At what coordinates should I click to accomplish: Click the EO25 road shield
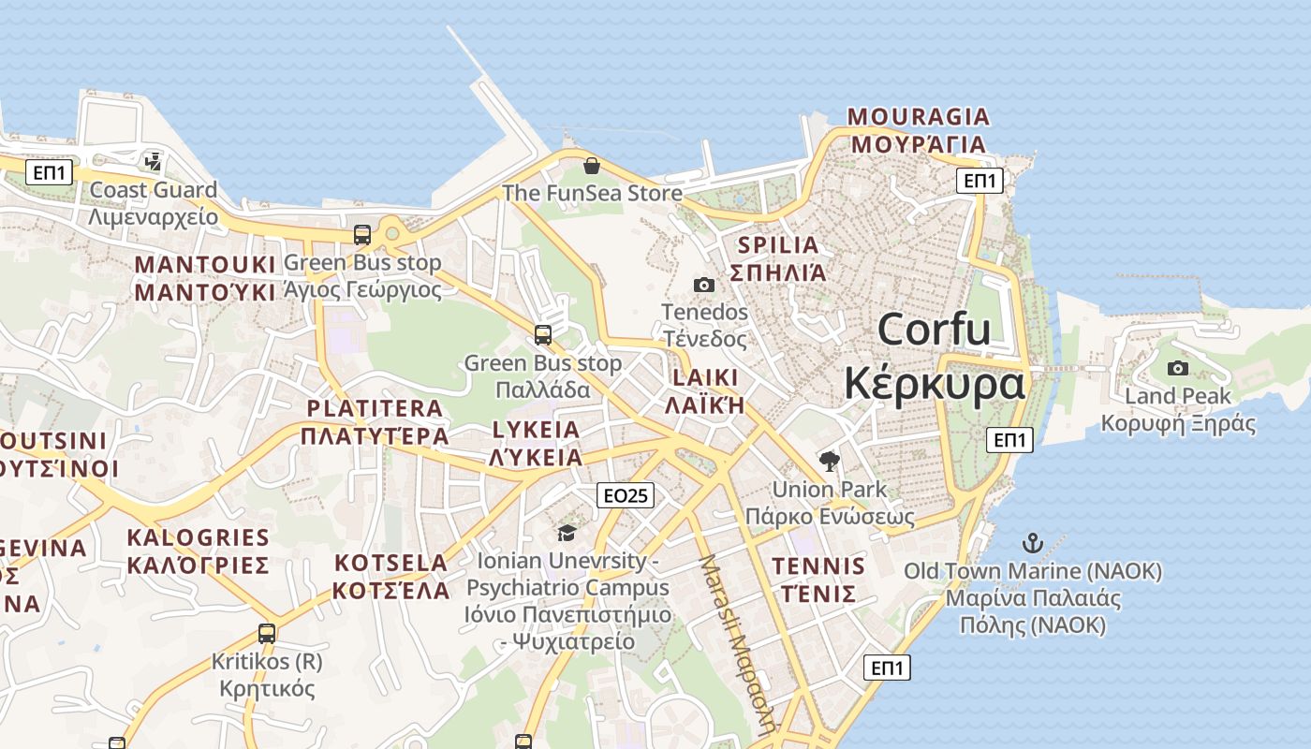click(x=626, y=495)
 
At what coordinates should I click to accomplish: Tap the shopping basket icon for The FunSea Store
click(x=592, y=167)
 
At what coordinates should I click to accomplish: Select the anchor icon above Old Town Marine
click(x=1032, y=542)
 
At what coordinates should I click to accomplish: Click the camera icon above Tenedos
click(x=704, y=285)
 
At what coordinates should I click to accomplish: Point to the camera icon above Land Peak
click(x=1178, y=368)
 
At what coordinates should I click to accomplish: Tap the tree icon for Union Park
click(x=829, y=461)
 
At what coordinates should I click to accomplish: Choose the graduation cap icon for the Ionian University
click(x=567, y=533)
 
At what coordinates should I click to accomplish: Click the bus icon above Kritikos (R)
click(x=267, y=634)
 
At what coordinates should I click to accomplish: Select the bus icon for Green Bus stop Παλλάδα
click(x=542, y=334)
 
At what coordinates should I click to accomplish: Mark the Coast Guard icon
click(x=153, y=162)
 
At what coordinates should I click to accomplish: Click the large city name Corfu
click(x=934, y=330)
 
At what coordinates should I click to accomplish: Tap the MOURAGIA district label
click(x=918, y=117)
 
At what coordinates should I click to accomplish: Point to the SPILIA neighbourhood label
click(x=778, y=245)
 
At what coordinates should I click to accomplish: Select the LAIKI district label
click(x=704, y=378)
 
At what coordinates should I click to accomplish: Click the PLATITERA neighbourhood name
click(x=375, y=408)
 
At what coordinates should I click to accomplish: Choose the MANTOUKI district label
click(x=205, y=264)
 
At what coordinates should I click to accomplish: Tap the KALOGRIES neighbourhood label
click(x=198, y=537)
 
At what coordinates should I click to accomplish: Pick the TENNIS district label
click(x=818, y=565)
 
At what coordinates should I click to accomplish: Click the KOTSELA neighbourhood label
click(x=390, y=563)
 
